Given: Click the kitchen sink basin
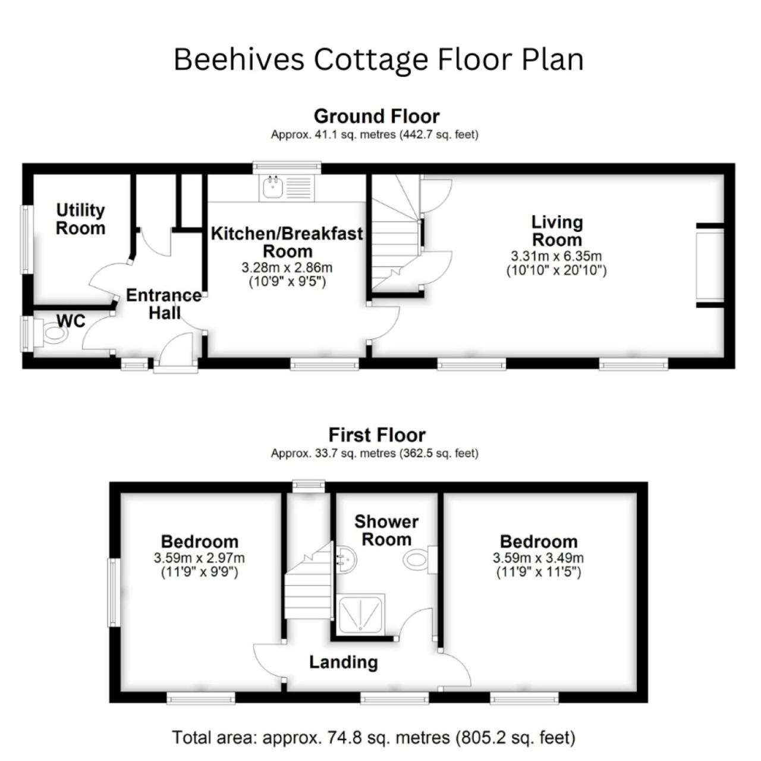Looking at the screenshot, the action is pyautogui.click(x=271, y=188).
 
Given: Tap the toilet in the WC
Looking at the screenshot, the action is pyautogui.click(x=51, y=333).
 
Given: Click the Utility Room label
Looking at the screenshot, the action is pyautogui.click(x=81, y=219).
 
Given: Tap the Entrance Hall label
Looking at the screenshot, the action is pyautogui.click(x=164, y=304).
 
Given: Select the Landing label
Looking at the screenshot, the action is pyautogui.click(x=343, y=662).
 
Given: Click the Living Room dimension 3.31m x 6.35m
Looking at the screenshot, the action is pyautogui.click(x=556, y=256).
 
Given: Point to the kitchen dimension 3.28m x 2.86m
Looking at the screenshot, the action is pyautogui.click(x=287, y=268).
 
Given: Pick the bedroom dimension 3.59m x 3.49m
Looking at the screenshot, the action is pyautogui.click(x=538, y=558).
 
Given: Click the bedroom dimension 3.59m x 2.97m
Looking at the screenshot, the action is pyautogui.click(x=199, y=558).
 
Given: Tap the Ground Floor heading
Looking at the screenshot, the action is pyautogui.click(x=377, y=117).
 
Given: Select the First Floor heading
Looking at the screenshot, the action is pyautogui.click(x=377, y=435).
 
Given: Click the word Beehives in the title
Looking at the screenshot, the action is pyautogui.click(x=240, y=60).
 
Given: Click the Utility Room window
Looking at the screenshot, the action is pyautogui.click(x=27, y=240).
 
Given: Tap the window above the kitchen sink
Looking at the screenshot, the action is pyautogui.click(x=287, y=166).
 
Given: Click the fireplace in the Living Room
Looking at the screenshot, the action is pyautogui.click(x=710, y=265).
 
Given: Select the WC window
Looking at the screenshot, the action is pyautogui.click(x=27, y=334).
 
